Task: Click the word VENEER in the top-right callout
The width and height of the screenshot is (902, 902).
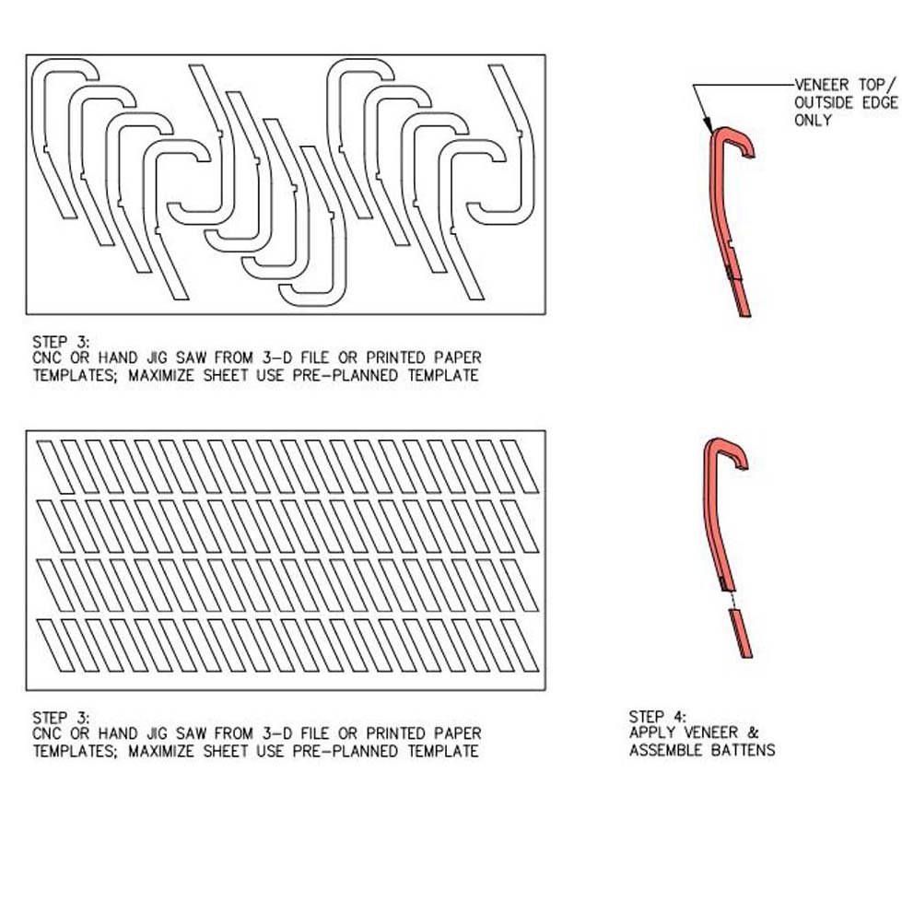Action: click(822, 85)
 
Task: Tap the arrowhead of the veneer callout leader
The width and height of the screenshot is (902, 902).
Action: click(708, 125)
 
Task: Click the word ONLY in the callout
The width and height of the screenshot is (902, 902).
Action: click(813, 120)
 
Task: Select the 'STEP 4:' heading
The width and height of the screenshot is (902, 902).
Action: click(658, 717)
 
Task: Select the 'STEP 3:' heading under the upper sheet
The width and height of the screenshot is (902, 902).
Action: click(61, 342)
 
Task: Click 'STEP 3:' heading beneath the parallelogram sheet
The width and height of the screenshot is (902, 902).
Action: click(61, 718)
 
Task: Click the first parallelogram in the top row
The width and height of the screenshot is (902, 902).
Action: click(56, 467)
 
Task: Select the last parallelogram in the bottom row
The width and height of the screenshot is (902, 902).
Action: click(520, 646)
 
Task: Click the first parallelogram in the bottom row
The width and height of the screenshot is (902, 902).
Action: click(56, 646)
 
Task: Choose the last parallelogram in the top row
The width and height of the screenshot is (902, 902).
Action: click(520, 467)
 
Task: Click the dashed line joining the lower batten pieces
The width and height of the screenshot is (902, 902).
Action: click(732, 601)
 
